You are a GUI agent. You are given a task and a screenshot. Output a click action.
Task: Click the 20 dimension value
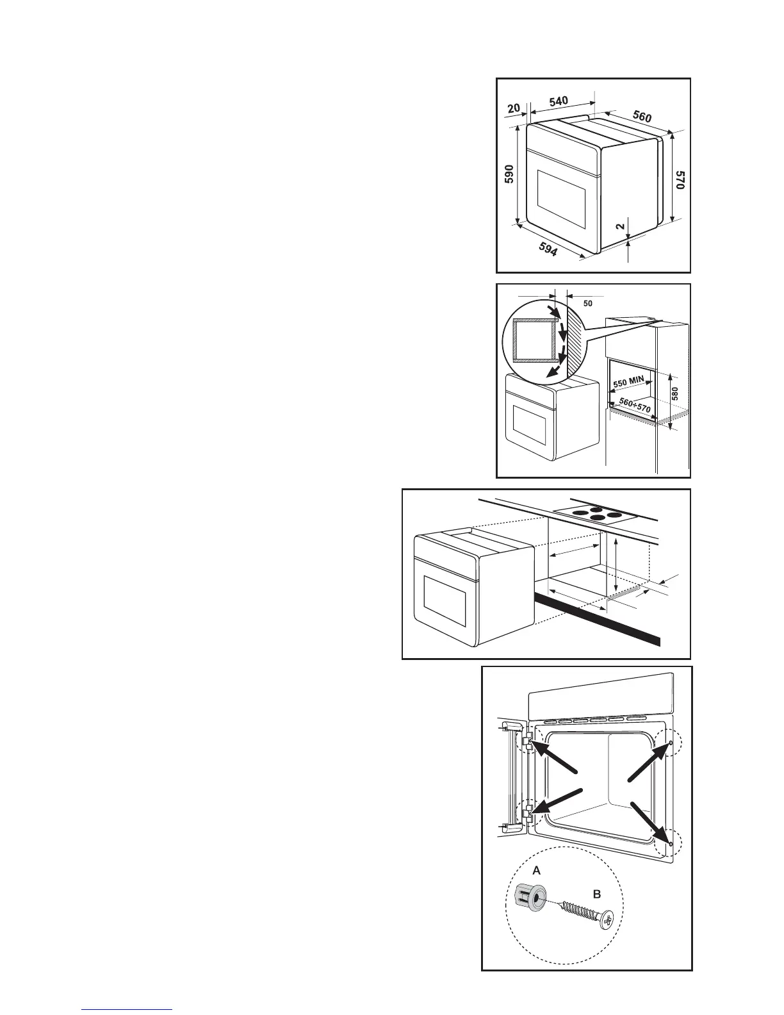(x=514, y=108)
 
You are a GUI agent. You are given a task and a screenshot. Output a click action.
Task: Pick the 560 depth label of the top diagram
(x=642, y=116)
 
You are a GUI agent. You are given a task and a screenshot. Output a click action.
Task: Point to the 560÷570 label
(x=632, y=403)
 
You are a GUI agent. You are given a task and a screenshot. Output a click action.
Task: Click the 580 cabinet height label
(x=674, y=393)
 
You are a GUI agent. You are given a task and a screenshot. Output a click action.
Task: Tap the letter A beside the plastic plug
(x=537, y=870)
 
